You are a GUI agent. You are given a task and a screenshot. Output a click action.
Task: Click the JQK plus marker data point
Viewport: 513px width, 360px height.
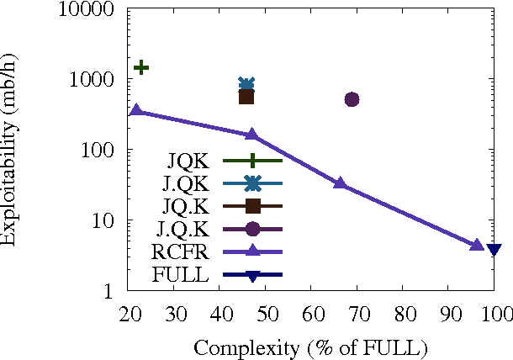[141, 67]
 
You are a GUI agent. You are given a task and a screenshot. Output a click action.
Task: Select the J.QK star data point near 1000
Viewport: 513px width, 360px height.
[246, 84]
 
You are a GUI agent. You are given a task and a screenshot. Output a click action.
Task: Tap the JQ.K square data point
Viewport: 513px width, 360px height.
[246, 97]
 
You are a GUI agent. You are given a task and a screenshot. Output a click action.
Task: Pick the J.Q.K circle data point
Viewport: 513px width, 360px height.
[352, 99]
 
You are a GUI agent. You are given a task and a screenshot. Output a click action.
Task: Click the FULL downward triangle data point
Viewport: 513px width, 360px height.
[494, 249]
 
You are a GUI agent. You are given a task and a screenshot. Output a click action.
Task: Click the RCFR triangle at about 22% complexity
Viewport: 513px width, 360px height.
[136, 110]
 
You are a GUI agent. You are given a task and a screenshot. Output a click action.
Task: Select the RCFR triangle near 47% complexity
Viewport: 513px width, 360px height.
[251, 135]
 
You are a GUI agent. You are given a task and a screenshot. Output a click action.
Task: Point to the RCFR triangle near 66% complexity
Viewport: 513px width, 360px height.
[340, 183]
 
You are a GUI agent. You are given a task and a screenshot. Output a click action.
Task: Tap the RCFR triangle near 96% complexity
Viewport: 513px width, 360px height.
[477, 245]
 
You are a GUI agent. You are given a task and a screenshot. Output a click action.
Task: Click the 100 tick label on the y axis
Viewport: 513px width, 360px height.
[105, 150]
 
